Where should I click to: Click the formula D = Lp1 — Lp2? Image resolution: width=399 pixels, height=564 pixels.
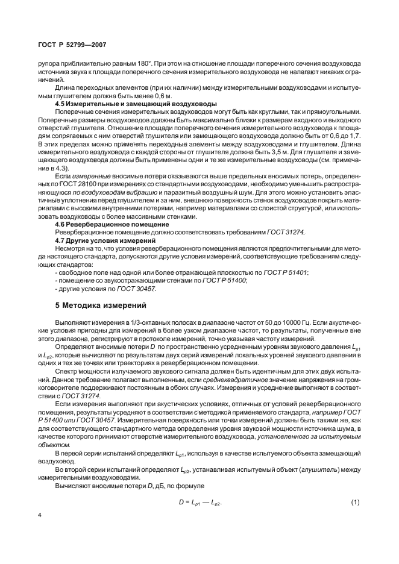[x=199, y=503]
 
